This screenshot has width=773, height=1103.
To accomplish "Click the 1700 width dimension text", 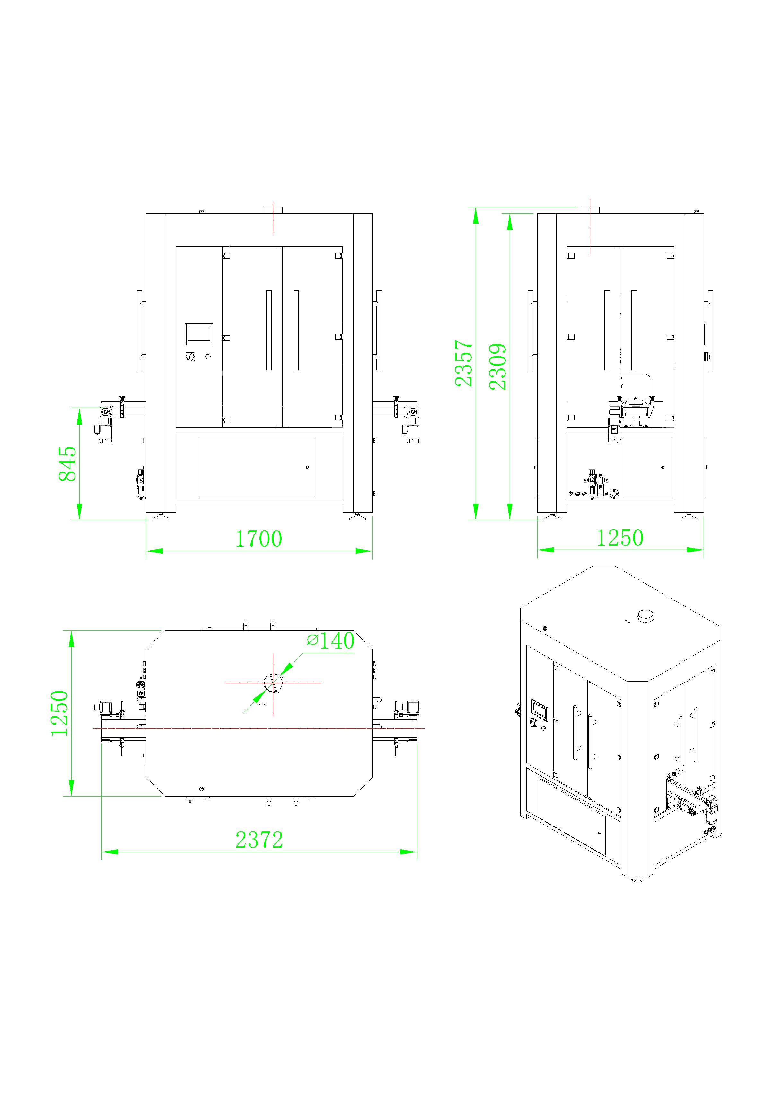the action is (259, 539).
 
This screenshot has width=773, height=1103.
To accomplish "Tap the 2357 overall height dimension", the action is (464, 363).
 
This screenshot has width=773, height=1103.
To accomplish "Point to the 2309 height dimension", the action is (498, 366).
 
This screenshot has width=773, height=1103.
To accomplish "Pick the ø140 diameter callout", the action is (330, 641).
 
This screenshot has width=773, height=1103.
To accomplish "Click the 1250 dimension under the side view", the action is (620, 538).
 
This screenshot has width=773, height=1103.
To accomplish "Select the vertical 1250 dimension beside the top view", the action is (60, 713).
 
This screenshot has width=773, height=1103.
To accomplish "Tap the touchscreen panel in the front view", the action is (198, 334).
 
